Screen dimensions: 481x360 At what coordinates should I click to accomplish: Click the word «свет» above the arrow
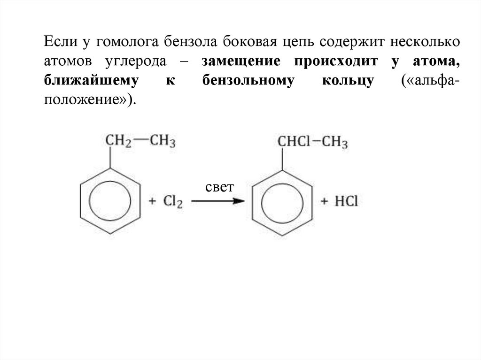pyautogui.click(x=219, y=188)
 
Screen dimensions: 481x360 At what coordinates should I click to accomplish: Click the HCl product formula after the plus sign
pyautogui.click(x=347, y=201)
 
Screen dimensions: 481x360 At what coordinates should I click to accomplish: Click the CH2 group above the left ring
pyautogui.click(x=117, y=141)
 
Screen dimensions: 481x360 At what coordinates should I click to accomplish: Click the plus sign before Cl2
pyautogui.click(x=152, y=202)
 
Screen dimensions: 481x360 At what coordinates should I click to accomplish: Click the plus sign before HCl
pyautogui.click(x=324, y=201)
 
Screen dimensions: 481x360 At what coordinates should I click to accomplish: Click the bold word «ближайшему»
pyautogui.click(x=93, y=81)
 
